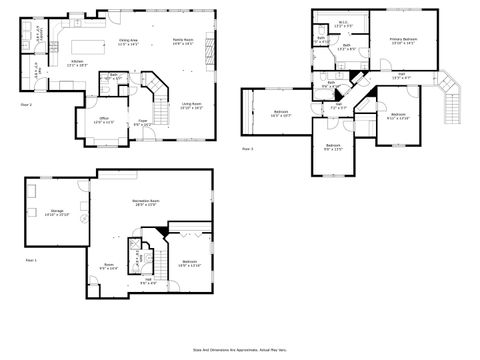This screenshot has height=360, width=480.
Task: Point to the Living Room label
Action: pyautogui.click(x=192, y=105)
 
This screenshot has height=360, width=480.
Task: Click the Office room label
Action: pyautogui.click(x=103, y=120)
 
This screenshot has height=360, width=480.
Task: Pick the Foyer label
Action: pyautogui.click(x=143, y=122)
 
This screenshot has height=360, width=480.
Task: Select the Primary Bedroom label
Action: pyautogui.click(x=403, y=41)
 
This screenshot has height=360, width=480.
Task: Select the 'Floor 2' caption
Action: pyautogui.click(x=27, y=104)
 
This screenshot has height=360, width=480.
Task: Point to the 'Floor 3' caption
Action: pyautogui.click(x=247, y=149)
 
